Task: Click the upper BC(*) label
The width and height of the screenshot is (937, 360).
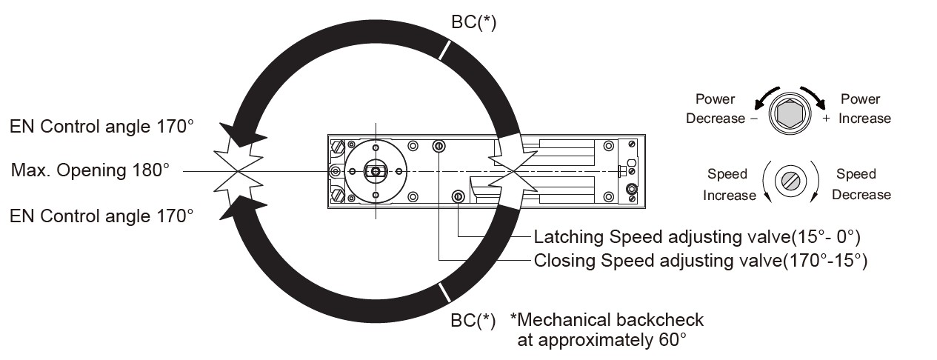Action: coord(473,21)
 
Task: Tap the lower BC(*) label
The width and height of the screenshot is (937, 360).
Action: coord(473,321)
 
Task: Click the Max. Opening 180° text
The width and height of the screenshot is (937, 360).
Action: coord(90,170)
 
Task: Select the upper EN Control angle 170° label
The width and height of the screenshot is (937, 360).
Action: coord(101,126)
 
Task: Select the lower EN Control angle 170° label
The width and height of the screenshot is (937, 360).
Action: coord(101,216)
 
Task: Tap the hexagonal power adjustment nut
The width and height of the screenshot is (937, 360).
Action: coord(790,114)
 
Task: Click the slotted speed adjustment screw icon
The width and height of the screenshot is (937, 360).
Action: coord(790,181)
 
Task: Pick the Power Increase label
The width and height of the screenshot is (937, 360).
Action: coord(864,109)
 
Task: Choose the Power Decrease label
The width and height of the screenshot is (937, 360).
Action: coord(716,109)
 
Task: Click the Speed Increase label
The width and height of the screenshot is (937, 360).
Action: coord(729,184)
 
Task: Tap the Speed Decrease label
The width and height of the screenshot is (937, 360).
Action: coord(861,184)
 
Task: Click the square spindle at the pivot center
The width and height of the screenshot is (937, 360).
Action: coord(376,171)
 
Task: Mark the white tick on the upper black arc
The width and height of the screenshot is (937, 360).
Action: coord(444,50)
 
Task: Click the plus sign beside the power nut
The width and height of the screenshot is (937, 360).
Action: coord(826,119)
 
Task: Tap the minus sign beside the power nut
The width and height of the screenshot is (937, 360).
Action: coord(754,119)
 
